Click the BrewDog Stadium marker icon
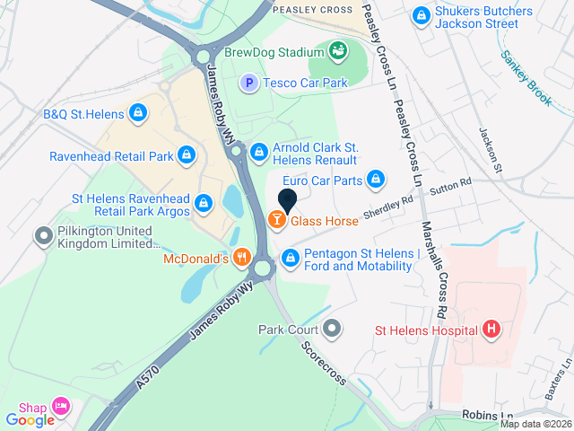click(x=338, y=50)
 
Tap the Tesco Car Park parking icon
click(x=250, y=83)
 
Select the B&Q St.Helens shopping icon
click(x=137, y=113)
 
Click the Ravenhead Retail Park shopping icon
click(x=186, y=155)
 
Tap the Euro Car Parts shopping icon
click(x=376, y=180)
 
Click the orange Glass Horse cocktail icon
click(x=277, y=219)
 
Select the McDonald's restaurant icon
click(x=240, y=259)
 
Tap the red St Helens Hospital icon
click(x=491, y=330)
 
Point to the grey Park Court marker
click(x=334, y=329)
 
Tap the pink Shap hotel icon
click(x=61, y=407)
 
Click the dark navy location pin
click(x=288, y=201)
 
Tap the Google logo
click(x=30, y=419)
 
